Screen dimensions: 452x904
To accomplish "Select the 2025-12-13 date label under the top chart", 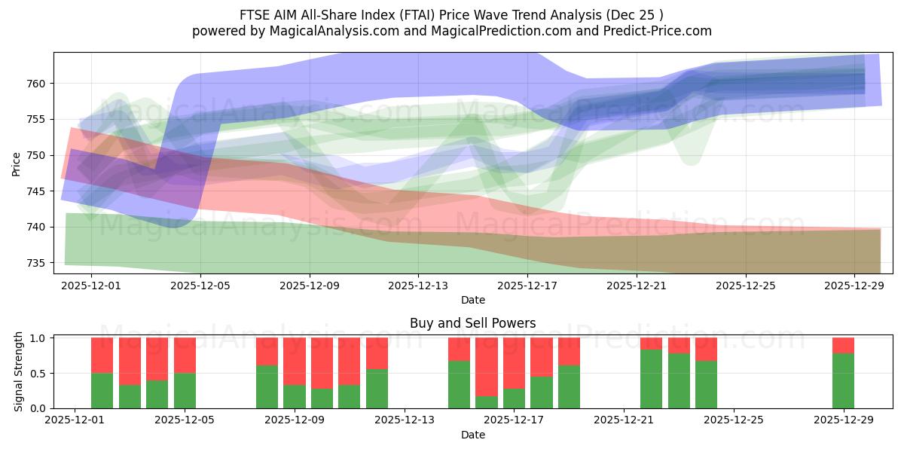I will point(418,286).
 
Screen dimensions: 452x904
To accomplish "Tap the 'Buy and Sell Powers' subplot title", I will point(472,323).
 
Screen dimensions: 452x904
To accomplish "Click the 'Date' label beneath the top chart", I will point(472,300).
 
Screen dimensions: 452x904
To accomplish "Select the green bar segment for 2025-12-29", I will point(843,381).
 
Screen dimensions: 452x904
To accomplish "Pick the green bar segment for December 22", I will point(651,379).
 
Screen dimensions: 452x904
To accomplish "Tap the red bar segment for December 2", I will point(102,355).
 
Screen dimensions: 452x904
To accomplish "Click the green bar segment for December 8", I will point(267,386).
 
